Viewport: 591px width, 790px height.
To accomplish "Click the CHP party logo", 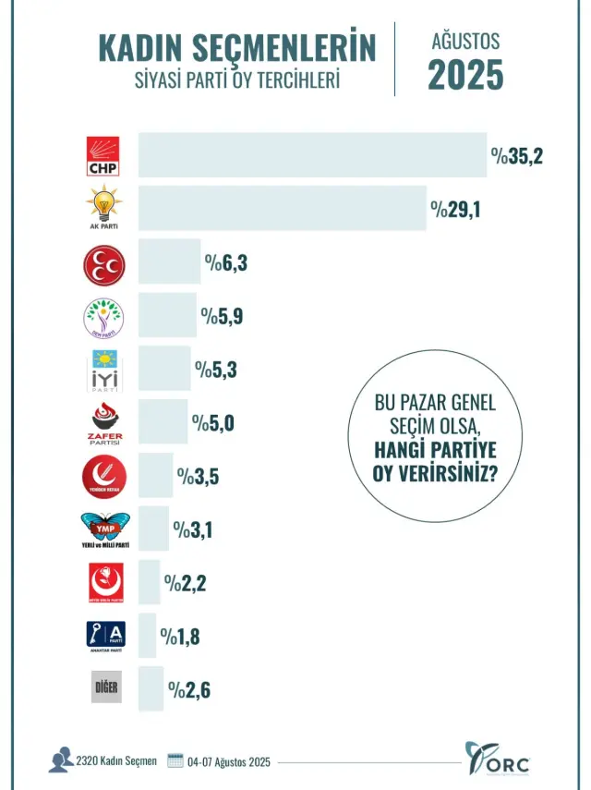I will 103,156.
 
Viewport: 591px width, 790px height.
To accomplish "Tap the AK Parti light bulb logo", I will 103,207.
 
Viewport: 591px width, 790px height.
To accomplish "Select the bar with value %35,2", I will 312,155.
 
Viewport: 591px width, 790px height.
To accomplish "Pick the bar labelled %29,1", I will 282,209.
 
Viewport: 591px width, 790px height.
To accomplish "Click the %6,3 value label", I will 226,264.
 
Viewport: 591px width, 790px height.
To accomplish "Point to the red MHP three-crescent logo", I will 103,265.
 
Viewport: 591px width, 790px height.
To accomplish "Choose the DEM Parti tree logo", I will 103,318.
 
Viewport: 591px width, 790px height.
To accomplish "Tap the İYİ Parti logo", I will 103,371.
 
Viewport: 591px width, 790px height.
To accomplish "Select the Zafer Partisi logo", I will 103,423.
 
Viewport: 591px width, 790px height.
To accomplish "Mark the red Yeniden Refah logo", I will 103,477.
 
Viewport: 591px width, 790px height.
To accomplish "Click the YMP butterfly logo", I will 105,529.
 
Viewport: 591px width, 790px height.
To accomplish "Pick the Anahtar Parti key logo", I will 104,635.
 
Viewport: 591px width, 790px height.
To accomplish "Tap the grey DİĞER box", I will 105,688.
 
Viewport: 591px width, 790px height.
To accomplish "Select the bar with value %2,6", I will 151,688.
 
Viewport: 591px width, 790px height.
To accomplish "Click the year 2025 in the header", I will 465,75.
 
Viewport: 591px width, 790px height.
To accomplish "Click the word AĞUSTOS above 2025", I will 465,42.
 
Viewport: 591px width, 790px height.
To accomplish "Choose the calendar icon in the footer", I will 175,760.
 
